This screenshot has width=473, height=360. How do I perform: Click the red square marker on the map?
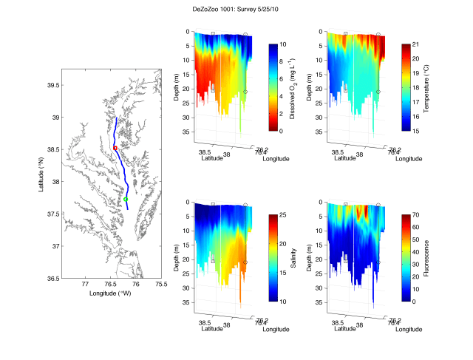(x=115, y=148)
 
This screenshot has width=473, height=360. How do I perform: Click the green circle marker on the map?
(x=126, y=200)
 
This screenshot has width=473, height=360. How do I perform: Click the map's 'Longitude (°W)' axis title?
(x=111, y=293)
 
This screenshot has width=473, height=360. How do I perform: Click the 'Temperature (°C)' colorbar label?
(x=427, y=87)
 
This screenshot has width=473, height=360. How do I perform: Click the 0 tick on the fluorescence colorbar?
(x=414, y=302)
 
